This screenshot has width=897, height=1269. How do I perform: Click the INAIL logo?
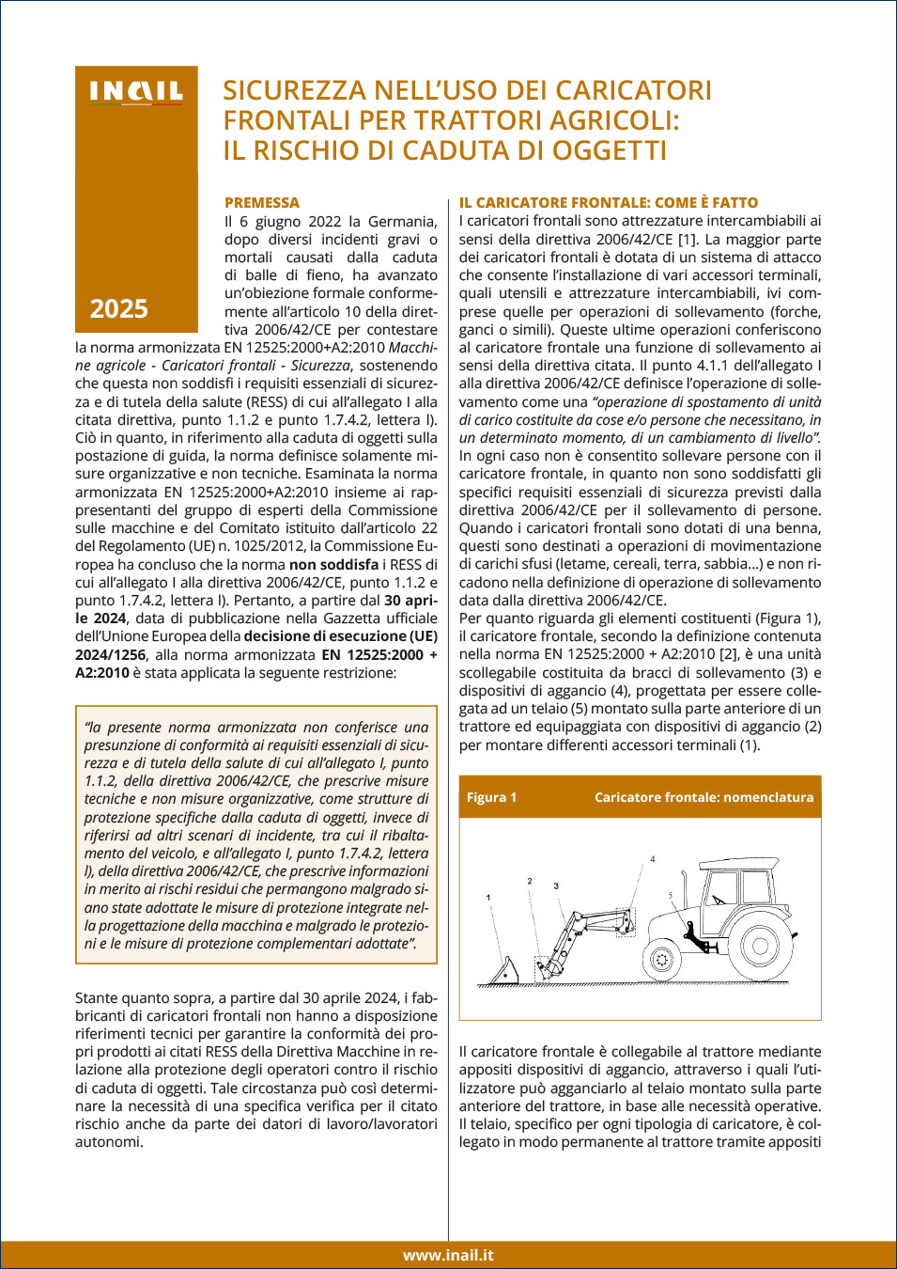(136, 91)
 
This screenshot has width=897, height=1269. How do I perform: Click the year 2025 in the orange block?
(119, 308)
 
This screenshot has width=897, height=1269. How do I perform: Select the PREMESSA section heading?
(262, 202)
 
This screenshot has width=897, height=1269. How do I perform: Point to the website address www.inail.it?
(448, 1255)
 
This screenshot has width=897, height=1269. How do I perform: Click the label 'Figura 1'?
(491, 797)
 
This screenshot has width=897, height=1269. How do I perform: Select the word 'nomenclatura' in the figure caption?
(767, 797)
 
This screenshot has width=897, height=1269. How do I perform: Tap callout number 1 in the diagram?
(488, 898)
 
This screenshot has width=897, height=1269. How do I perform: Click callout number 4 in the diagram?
(653, 859)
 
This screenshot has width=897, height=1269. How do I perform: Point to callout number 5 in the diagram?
(671, 895)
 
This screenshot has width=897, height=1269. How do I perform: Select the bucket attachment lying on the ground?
(504, 971)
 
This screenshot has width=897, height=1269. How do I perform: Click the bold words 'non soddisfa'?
(333, 564)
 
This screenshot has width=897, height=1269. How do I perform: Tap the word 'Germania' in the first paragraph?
(402, 221)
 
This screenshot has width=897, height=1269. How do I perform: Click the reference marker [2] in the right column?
(730, 654)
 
